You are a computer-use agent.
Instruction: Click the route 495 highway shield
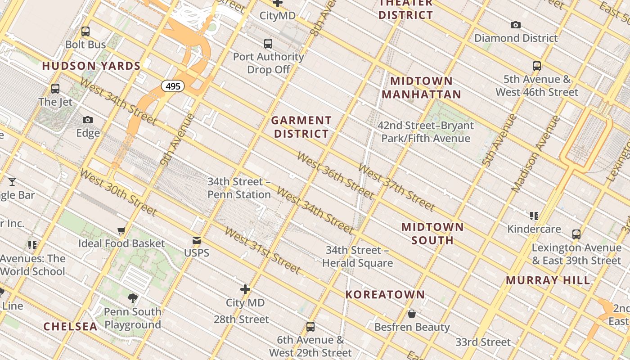(173, 86)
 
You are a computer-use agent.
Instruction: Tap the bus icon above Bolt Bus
(85, 31)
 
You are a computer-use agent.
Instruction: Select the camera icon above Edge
(88, 120)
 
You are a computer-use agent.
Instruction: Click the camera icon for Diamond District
(516, 25)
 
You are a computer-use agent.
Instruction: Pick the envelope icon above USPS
(197, 240)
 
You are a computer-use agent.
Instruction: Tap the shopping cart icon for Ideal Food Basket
(121, 231)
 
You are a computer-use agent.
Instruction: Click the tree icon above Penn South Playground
(132, 298)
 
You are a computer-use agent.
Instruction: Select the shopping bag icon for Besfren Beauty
(411, 314)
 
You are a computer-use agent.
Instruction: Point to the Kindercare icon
(534, 216)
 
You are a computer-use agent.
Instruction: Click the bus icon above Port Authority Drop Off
(268, 44)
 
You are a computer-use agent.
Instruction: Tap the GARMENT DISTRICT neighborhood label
(301, 127)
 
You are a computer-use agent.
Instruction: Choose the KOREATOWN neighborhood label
(385, 295)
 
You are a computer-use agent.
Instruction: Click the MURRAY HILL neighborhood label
(548, 280)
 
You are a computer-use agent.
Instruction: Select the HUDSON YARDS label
(91, 66)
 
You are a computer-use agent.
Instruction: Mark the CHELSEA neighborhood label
(70, 327)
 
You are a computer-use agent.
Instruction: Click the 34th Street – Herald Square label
(357, 256)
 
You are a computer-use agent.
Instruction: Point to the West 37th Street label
(396, 187)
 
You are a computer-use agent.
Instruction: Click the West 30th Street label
(118, 192)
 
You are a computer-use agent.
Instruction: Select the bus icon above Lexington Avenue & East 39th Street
(576, 234)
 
